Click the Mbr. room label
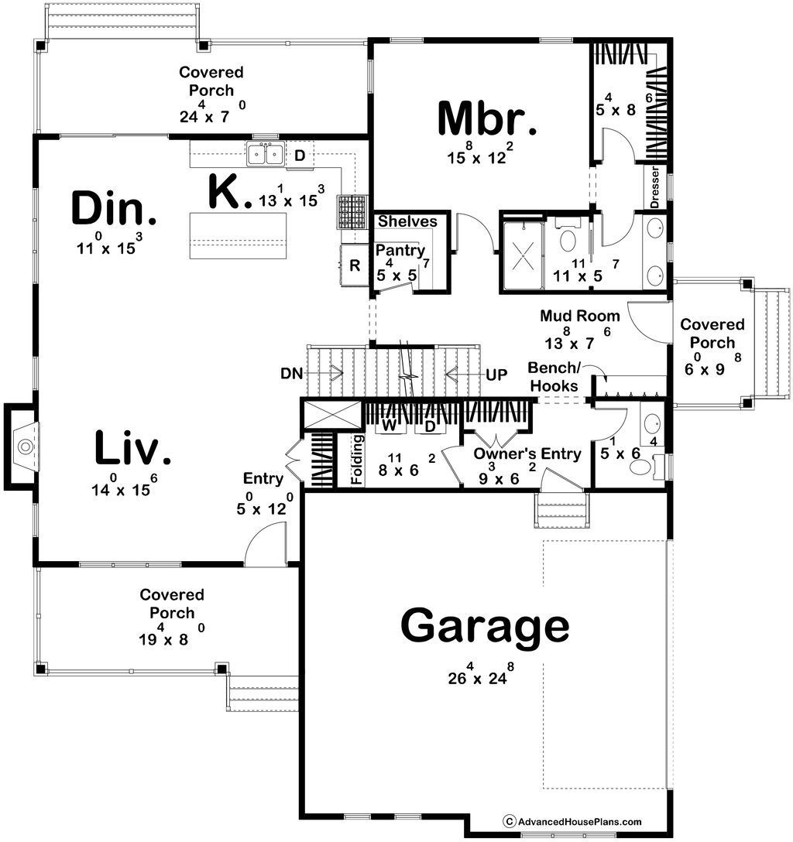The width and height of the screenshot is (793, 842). tap(486, 118)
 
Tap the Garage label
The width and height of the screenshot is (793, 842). tap(485, 627)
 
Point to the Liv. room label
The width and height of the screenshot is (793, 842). tap(132, 450)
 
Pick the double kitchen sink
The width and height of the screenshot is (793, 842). tap(265, 154)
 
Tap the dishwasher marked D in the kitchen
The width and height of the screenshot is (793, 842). tap(300, 155)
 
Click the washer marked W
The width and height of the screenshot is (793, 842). tap(390, 426)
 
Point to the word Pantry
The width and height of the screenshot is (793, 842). tap(400, 251)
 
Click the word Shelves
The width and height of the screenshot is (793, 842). tap(407, 222)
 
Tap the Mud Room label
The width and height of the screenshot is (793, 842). tap(580, 316)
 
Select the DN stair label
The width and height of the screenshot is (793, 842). tap(292, 374)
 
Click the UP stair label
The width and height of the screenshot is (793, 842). tap(496, 374)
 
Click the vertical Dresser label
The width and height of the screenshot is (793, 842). tap(654, 188)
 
